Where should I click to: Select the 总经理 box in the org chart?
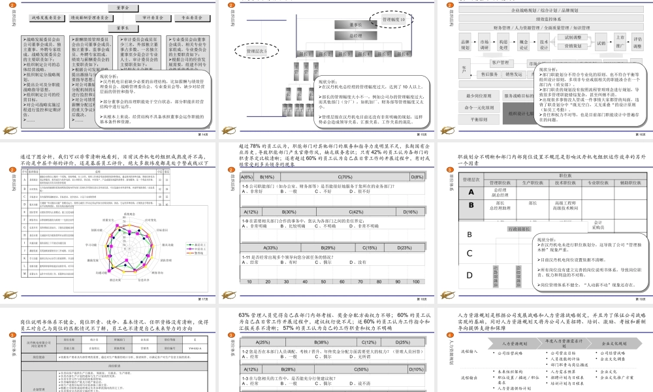(356, 36)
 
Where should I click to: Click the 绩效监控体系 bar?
(537, 19)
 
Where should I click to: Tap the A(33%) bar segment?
(270, 248)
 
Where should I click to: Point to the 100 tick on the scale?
(417, 281)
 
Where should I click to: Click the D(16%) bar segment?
(411, 212)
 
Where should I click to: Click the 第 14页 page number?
(203, 134)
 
